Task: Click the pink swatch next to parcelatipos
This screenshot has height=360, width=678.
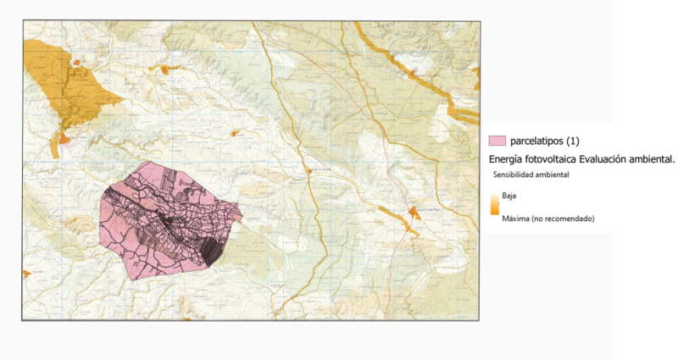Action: [497, 140]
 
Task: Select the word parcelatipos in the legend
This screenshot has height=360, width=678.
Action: [542, 140]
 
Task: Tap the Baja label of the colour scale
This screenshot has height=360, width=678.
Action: [509, 195]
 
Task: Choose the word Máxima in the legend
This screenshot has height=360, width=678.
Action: [516, 219]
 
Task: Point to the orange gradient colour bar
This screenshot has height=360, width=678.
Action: [494, 207]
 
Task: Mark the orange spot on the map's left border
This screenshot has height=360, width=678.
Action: [26, 274]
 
